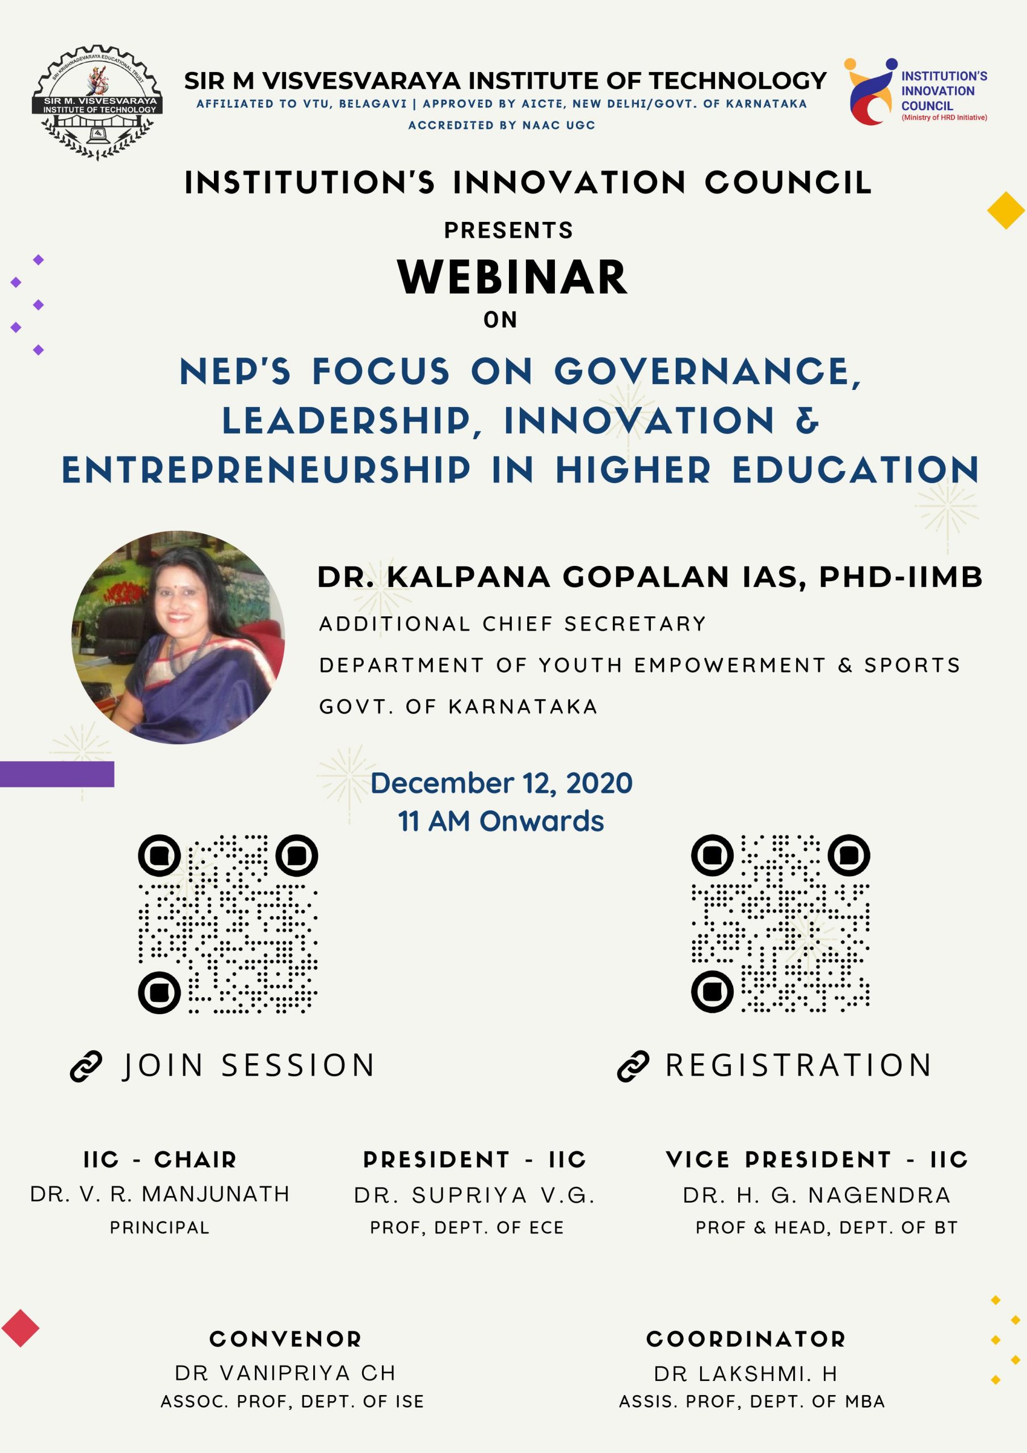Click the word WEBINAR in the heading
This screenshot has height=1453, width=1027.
[512, 277]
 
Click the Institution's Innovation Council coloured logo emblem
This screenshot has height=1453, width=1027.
[871, 92]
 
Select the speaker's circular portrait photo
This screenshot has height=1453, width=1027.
[178, 637]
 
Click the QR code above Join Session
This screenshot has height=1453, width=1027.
[228, 924]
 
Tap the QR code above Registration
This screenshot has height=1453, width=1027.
[780, 923]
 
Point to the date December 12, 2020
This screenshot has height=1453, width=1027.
[501, 783]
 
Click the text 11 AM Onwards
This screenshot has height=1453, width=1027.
[501, 821]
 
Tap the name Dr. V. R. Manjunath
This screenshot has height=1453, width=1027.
[159, 1194]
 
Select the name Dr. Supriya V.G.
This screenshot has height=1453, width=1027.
[474, 1195]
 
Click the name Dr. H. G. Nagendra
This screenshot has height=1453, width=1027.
[817, 1195]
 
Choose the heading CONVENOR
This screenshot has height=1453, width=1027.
[285, 1339]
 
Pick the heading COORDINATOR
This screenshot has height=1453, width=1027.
[746, 1339]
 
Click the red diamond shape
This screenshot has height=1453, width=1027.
[20, 1328]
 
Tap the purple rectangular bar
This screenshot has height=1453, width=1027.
[57, 774]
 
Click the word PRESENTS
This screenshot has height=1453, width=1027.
[509, 230]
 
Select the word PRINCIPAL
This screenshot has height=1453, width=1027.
[159, 1228]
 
